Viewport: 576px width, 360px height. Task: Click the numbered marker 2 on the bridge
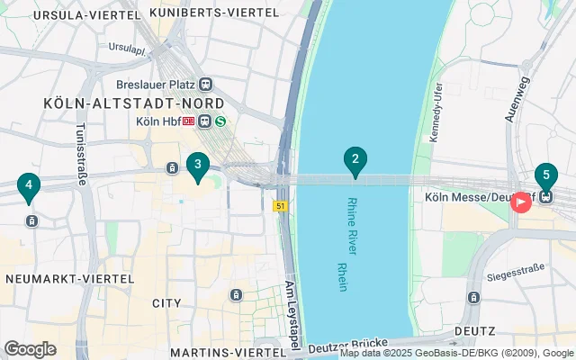[x=355, y=162]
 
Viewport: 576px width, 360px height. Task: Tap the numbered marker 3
[x=197, y=165]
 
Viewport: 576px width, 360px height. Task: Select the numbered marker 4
[x=29, y=187]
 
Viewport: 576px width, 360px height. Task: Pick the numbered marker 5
[x=545, y=175]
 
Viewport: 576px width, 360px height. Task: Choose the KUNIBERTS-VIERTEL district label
[x=214, y=13]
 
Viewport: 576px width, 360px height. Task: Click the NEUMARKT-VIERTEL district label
[x=70, y=279]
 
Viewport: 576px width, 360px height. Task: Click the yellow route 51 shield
[x=281, y=207]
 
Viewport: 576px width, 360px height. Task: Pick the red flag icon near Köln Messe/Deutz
[x=520, y=202]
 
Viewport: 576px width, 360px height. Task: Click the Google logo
[x=30, y=349]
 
